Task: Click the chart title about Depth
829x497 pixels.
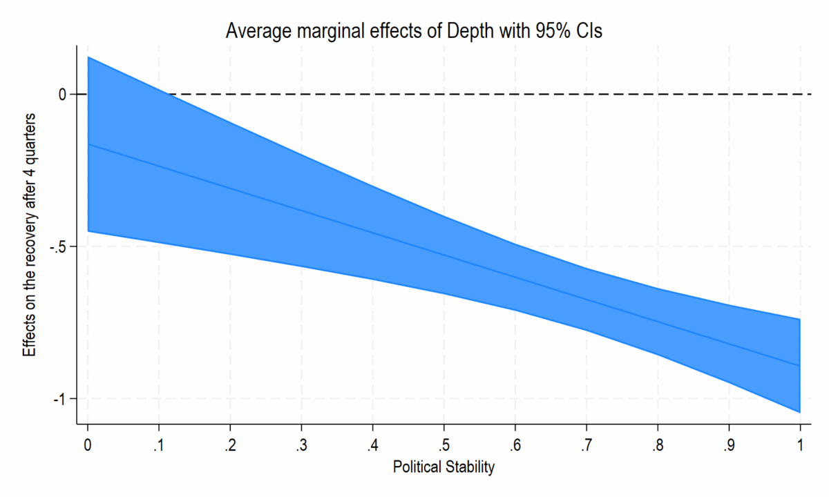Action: click(414, 31)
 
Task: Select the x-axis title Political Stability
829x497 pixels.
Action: click(444, 467)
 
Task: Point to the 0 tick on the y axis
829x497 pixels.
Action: click(61, 94)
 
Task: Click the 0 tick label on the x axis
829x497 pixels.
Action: click(88, 446)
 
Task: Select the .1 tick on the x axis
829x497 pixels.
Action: click(159, 446)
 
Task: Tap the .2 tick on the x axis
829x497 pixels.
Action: click(230, 446)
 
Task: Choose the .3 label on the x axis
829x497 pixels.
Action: click(301, 446)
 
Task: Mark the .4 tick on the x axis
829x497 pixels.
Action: click(372, 446)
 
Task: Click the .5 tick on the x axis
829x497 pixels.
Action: click(444, 446)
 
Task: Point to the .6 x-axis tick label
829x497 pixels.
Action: click(515, 446)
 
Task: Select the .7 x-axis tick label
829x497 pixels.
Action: click(586, 446)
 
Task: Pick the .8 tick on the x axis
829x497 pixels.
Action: click(657, 446)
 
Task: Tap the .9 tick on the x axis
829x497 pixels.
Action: click(728, 446)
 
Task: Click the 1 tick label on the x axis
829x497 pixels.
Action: click(800, 446)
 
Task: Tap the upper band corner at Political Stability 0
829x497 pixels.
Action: click(88, 57)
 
